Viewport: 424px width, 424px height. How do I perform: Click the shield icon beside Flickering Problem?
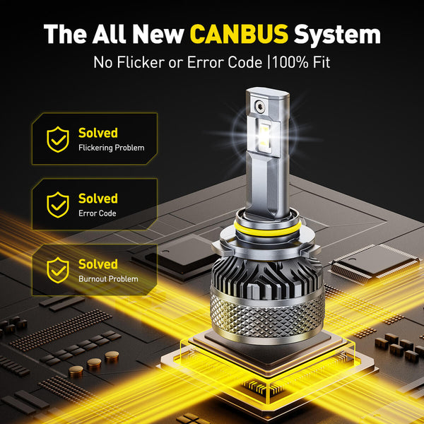[x=58, y=140]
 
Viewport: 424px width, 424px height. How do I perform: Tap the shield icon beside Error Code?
[x=58, y=205]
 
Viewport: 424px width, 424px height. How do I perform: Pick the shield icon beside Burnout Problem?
[x=58, y=271]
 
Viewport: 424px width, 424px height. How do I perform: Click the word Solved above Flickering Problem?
[x=98, y=133]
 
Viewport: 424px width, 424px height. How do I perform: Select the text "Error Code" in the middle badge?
[x=98, y=213]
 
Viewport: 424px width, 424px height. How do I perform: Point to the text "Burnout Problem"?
[x=108, y=279]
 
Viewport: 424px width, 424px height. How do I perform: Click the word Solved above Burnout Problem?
[x=98, y=264]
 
